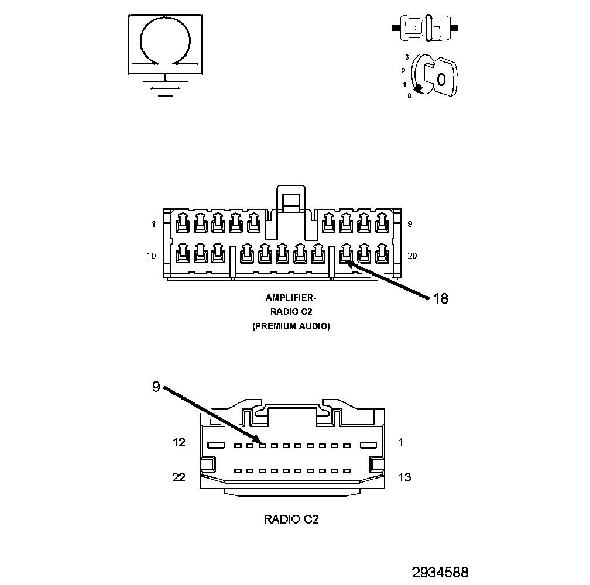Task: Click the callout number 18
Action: tap(440, 299)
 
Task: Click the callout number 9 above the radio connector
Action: tap(156, 387)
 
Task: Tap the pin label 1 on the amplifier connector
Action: tap(153, 224)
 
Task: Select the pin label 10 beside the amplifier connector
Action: tap(151, 256)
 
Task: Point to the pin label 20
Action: tap(411, 256)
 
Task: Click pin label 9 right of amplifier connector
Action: tap(410, 224)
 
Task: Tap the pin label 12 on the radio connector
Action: tap(179, 443)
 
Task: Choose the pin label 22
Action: tap(179, 477)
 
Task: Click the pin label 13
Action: tap(404, 477)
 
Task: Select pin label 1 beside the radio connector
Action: tap(401, 443)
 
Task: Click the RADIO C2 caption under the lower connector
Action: tap(291, 519)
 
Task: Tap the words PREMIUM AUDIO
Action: tap(291, 326)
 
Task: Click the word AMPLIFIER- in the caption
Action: tap(291, 298)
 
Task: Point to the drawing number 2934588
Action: tap(440, 572)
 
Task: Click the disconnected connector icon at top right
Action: tap(425, 27)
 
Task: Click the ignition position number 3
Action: tap(407, 57)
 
